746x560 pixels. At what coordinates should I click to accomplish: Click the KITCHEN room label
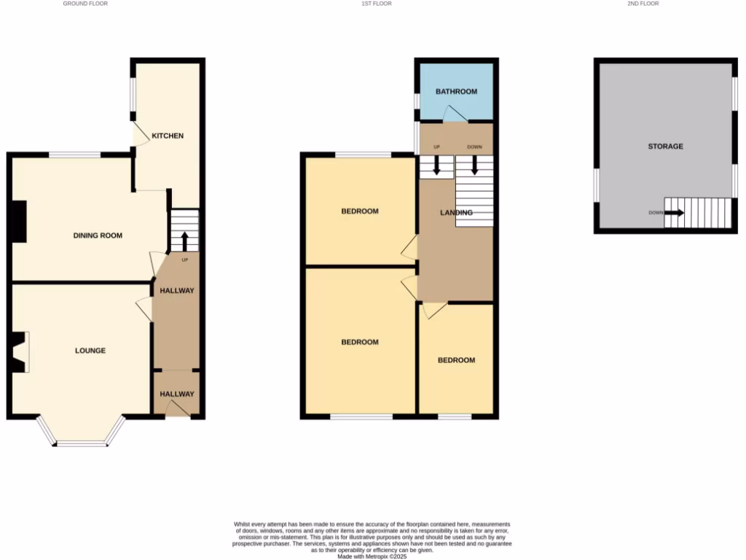point(168,136)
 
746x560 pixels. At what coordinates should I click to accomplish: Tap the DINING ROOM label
point(98,236)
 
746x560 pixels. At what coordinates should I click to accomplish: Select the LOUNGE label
point(90,351)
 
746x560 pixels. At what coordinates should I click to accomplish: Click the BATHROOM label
point(456,92)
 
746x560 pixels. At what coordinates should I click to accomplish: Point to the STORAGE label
point(666,147)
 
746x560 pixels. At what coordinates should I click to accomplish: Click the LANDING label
point(456,213)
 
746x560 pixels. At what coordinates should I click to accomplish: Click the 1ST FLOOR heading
point(377,4)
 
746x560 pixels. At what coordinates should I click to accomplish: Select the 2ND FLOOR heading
point(643,4)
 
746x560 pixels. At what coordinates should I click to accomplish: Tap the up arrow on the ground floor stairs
point(184,239)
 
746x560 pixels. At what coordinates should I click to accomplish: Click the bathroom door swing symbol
point(455,114)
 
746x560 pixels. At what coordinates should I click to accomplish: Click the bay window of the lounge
point(81,440)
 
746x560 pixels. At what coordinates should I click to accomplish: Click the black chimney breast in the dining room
point(19,221)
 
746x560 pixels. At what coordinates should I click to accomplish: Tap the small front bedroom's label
point(456,360)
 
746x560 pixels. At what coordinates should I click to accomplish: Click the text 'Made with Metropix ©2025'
point(372,556)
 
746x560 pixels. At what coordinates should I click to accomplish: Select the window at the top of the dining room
point(74,155)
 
